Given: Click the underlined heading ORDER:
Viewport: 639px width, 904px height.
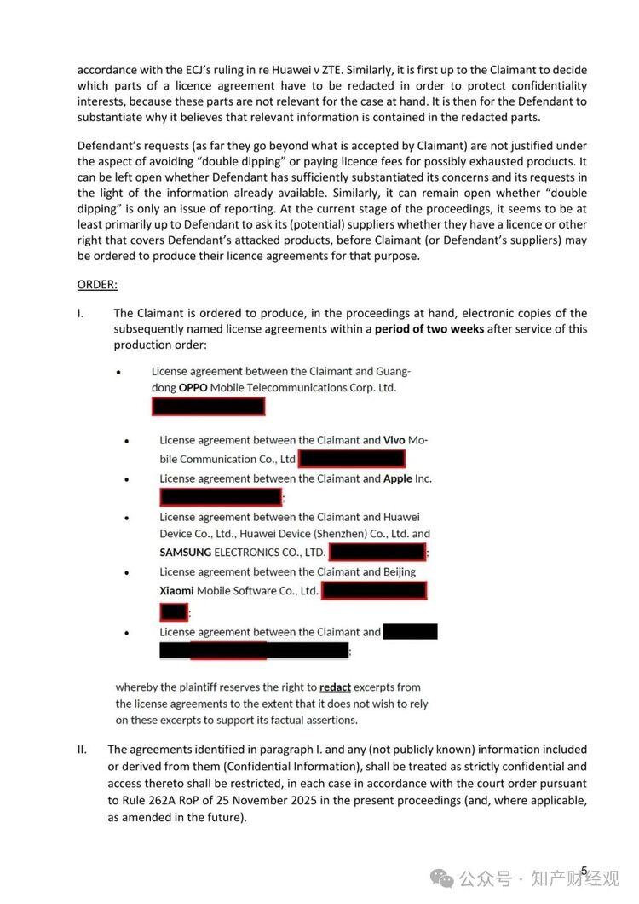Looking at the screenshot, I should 97,284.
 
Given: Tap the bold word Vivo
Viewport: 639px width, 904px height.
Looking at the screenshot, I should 394,440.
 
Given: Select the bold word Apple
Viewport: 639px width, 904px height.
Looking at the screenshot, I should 398,478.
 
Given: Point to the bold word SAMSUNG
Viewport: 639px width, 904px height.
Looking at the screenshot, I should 185,553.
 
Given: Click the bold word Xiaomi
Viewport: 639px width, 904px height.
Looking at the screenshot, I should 176,590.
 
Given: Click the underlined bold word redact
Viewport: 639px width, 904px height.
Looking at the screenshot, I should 335,687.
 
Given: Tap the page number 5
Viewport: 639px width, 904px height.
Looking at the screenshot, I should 584,871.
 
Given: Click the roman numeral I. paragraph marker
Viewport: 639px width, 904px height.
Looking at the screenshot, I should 80,313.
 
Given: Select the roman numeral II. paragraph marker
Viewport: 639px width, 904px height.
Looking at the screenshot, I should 82,750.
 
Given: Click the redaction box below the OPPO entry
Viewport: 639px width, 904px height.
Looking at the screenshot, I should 208,406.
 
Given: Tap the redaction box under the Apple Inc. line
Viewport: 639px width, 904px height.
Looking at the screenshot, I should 221,497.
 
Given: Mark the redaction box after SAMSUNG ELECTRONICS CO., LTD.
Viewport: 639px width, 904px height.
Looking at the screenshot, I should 377,553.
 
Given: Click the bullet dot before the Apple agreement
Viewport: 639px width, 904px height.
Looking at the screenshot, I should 126,479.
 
